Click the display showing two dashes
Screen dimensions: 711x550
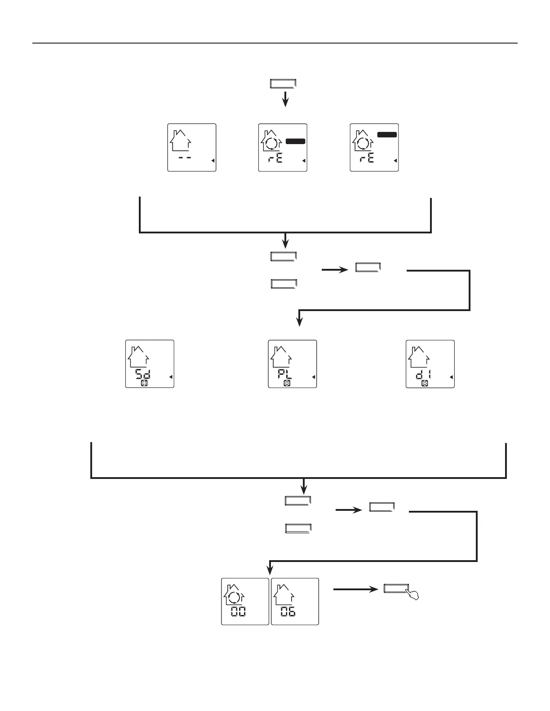(x=192, y=147)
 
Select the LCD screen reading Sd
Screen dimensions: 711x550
(x=150, y=364)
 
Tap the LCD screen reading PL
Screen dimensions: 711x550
(x=293, y=364)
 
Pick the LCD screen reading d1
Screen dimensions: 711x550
(x=430, y=364)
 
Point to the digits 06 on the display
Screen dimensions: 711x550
(x=288, y=611)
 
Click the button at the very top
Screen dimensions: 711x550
(x=284, y=84)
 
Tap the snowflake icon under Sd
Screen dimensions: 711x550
(x=145, y=383)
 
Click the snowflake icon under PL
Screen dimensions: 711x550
(x=287, y=383)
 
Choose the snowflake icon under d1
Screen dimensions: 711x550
(x=425, y=383)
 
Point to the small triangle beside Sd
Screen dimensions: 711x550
(x=171, y=377)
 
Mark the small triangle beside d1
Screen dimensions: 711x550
(x=451, y=377)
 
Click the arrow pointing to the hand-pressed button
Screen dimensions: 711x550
(x=355, y=589)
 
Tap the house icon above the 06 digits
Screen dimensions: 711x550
(x=284, y=593)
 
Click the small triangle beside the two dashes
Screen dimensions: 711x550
(x=213, y=161)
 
